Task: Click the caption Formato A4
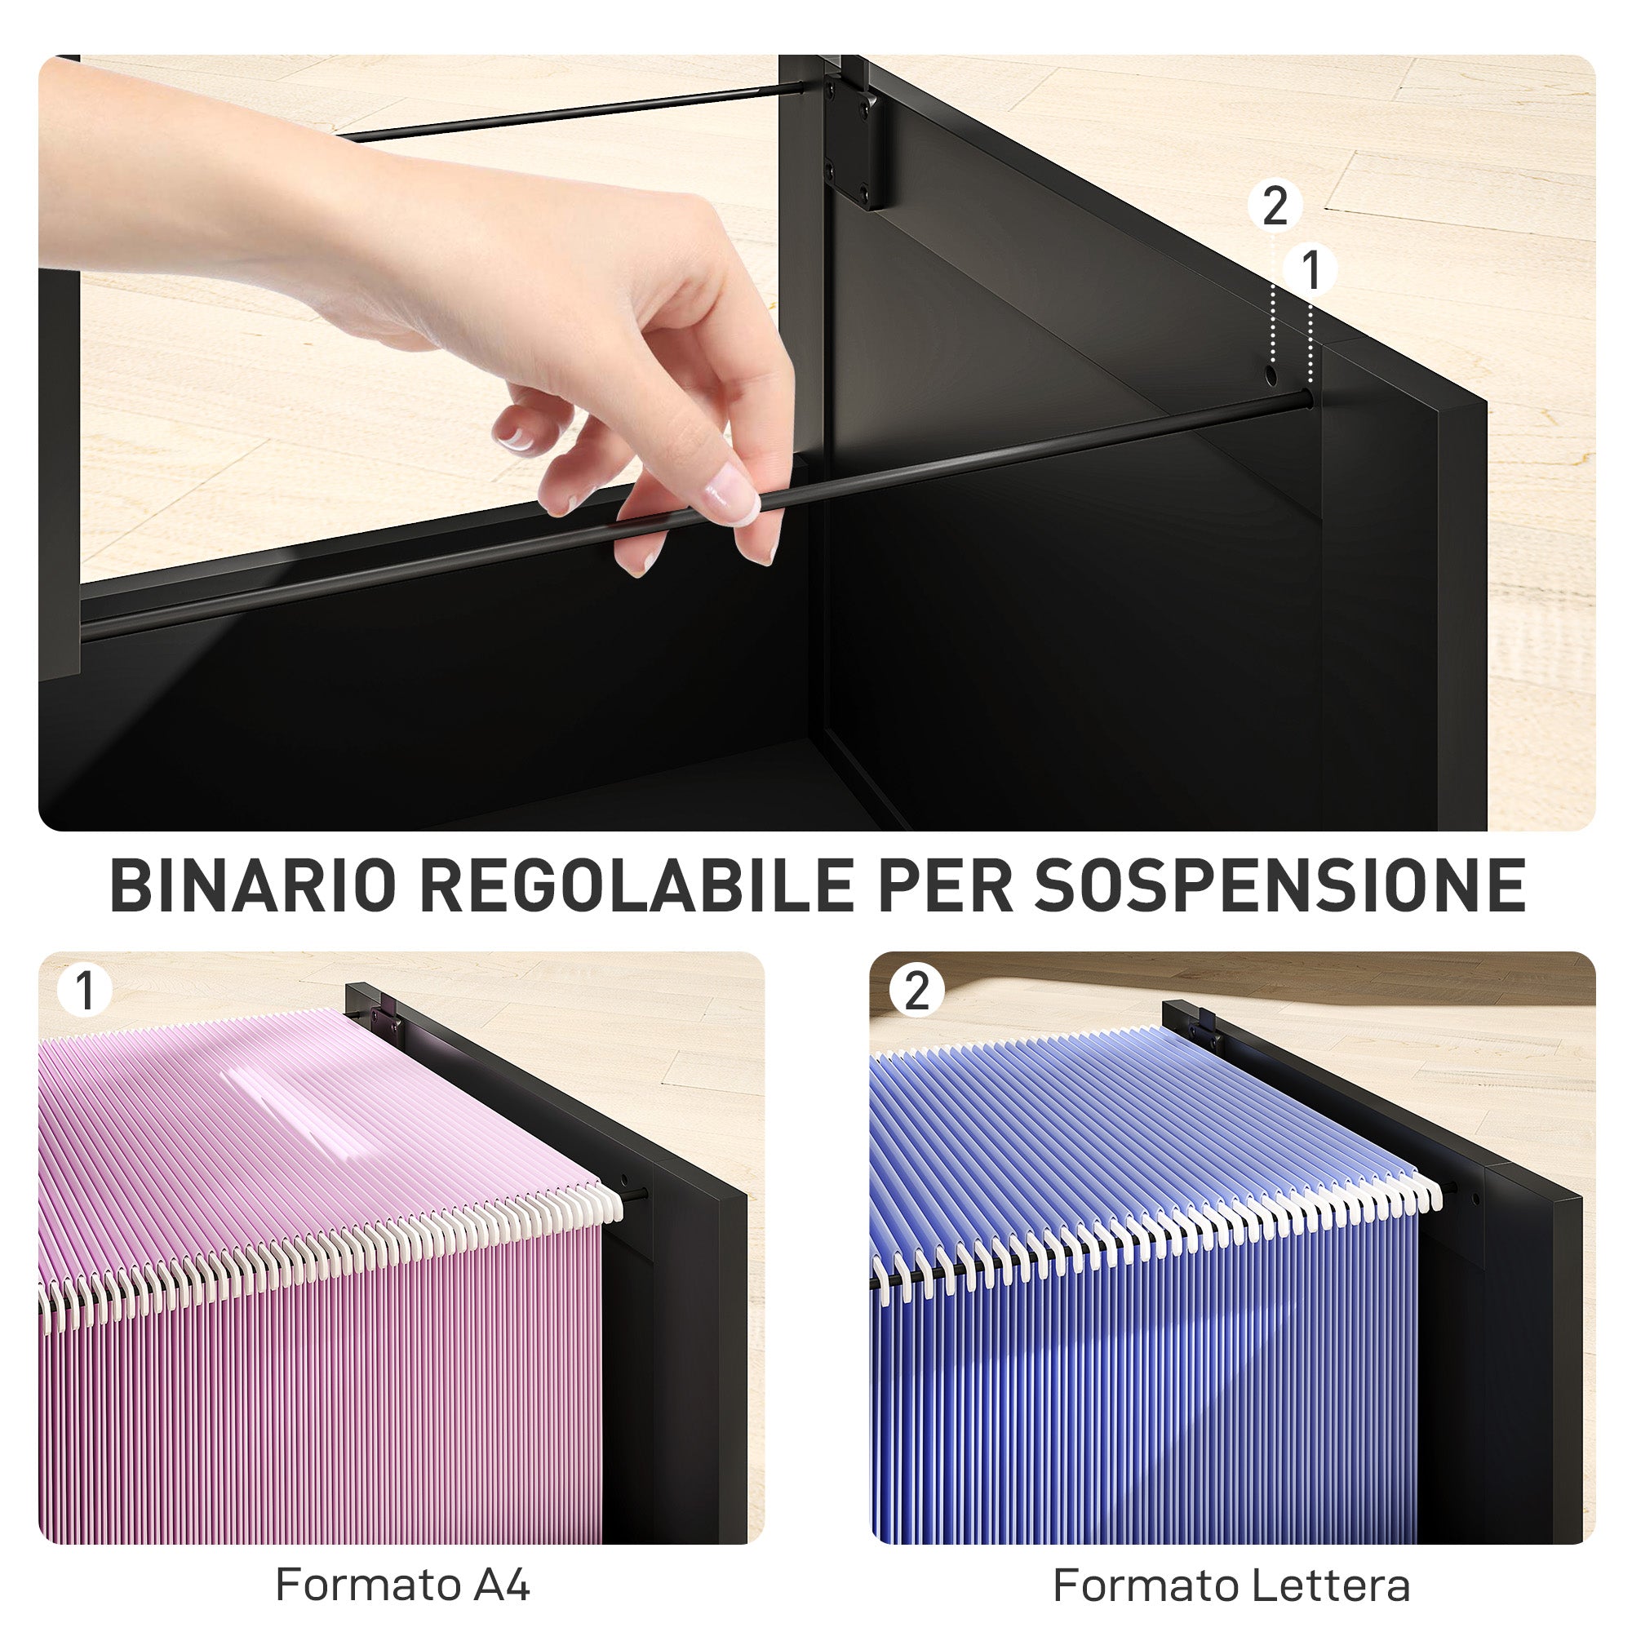402,1585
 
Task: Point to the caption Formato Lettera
1231,1585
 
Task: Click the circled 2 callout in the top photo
1274,206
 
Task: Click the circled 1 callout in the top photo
1310,270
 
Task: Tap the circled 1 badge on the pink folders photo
85,990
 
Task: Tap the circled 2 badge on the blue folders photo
916,990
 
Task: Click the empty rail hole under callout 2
1271,374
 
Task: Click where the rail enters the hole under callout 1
1306,397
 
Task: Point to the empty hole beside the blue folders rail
1475,1199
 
